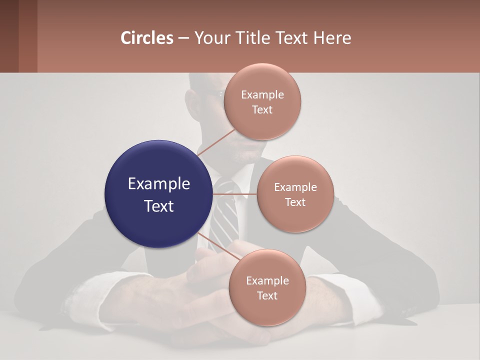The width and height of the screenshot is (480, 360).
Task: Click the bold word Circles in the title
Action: coord(147,37)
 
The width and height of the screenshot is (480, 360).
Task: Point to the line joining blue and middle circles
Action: coord(235,193)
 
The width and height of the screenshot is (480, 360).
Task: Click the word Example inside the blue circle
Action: coord(158,184)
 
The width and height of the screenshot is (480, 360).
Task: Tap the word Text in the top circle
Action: coord(262,110)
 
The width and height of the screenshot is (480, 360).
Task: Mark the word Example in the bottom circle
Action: coord(267,281)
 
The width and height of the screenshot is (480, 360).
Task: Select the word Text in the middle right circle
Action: coord(295,202)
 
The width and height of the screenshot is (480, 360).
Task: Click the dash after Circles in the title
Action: coord(183,38)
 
